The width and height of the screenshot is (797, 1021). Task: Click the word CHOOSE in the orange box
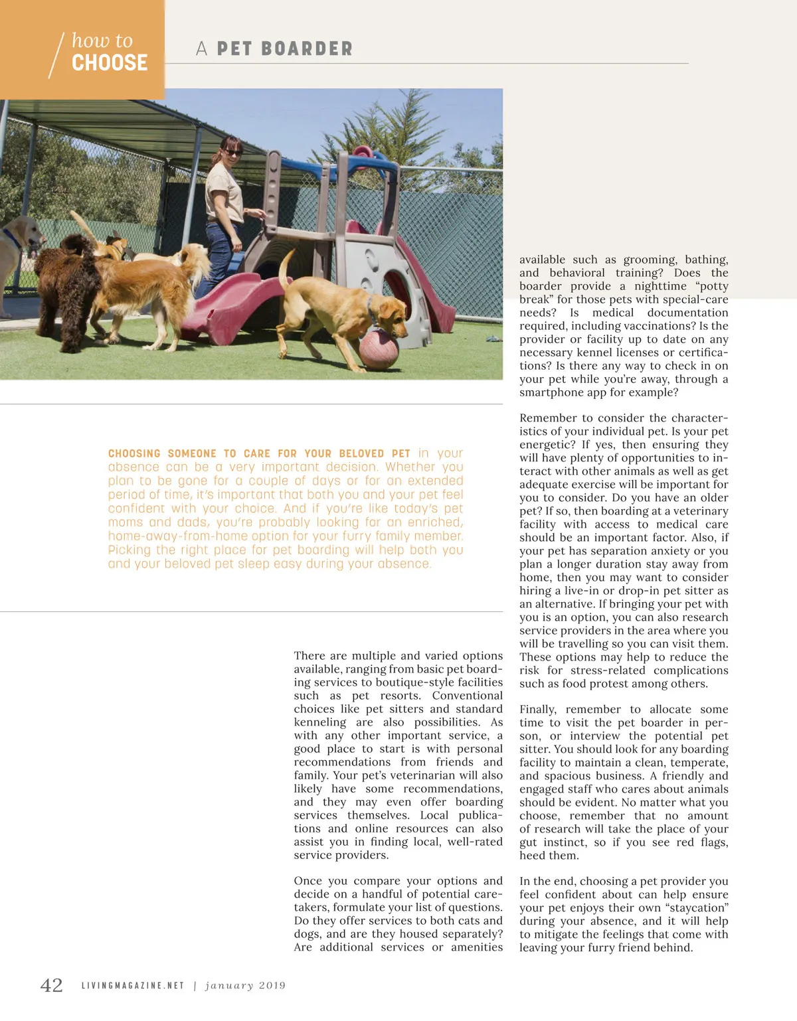coord(110,63)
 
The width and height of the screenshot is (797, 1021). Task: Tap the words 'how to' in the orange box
coord(102,41)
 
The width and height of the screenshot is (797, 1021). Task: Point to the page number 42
coord(52,985)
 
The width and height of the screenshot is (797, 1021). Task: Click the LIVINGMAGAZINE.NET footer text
coord(133,986)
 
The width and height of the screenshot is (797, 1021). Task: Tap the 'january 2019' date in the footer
coord(246,986)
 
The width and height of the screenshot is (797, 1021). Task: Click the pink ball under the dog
coord(379,348)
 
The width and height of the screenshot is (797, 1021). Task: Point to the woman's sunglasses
coord(232,153)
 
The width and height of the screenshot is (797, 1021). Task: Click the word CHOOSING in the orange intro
coord(134,453)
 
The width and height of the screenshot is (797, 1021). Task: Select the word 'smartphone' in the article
coord(549,392)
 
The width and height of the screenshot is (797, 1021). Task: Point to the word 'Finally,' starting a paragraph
coord(538,710)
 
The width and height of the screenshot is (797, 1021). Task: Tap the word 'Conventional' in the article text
coord(467,696)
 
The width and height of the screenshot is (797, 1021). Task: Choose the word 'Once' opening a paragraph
coord(308,881)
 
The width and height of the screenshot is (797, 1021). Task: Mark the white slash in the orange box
coord(56,55)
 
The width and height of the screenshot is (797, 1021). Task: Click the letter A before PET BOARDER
coord(202,49)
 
